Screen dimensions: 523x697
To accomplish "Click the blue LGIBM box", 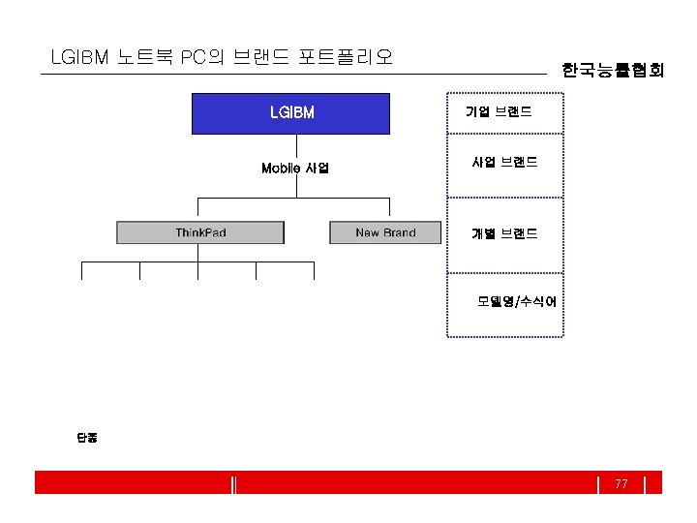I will coord(291,113).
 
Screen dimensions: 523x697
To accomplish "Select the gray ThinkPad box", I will coord(200,232).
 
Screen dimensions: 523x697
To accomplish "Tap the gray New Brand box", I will coord(385,232).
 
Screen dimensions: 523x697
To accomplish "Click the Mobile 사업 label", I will coord(295,169).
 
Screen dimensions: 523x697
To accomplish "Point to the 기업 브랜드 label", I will coord(499,112).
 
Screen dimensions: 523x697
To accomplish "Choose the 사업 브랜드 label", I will coord(504,163).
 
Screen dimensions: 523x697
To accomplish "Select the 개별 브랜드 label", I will coord(504,233).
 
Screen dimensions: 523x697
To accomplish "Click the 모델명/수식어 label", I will coord(517,301).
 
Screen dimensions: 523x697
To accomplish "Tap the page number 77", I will coord(621,483).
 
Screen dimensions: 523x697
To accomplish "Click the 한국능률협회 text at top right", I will coord(613,70).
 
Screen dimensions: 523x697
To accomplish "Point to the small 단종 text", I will coord(87,438).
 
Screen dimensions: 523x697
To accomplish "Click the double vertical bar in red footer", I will coord(235,483).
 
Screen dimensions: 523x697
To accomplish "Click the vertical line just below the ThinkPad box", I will coord(197,253).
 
